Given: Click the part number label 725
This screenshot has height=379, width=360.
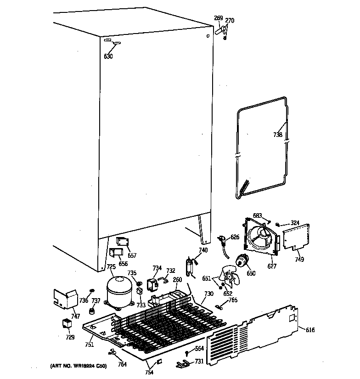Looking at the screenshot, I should click(x=111, y=267).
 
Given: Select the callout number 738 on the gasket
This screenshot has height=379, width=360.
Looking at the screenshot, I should click(x=278, y=135).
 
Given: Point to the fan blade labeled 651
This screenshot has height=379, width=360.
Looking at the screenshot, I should click(x=227, y=277).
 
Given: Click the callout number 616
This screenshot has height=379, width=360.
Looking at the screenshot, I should click(x=310, y=329).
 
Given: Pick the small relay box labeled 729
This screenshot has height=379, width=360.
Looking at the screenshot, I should click(x=67, y=324).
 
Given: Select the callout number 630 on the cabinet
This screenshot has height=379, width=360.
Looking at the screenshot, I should click(x=108, y=57).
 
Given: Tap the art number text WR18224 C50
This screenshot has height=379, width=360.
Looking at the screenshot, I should click(x=78, y=366).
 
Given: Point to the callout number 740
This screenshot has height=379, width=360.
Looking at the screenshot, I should click(x=203, y=250).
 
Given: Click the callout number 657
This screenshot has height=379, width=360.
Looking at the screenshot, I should click(x=132, y=255).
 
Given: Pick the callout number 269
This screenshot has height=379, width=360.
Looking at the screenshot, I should click(x=219, y=18).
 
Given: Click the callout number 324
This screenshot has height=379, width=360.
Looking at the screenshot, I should click(x=295, y=223).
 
